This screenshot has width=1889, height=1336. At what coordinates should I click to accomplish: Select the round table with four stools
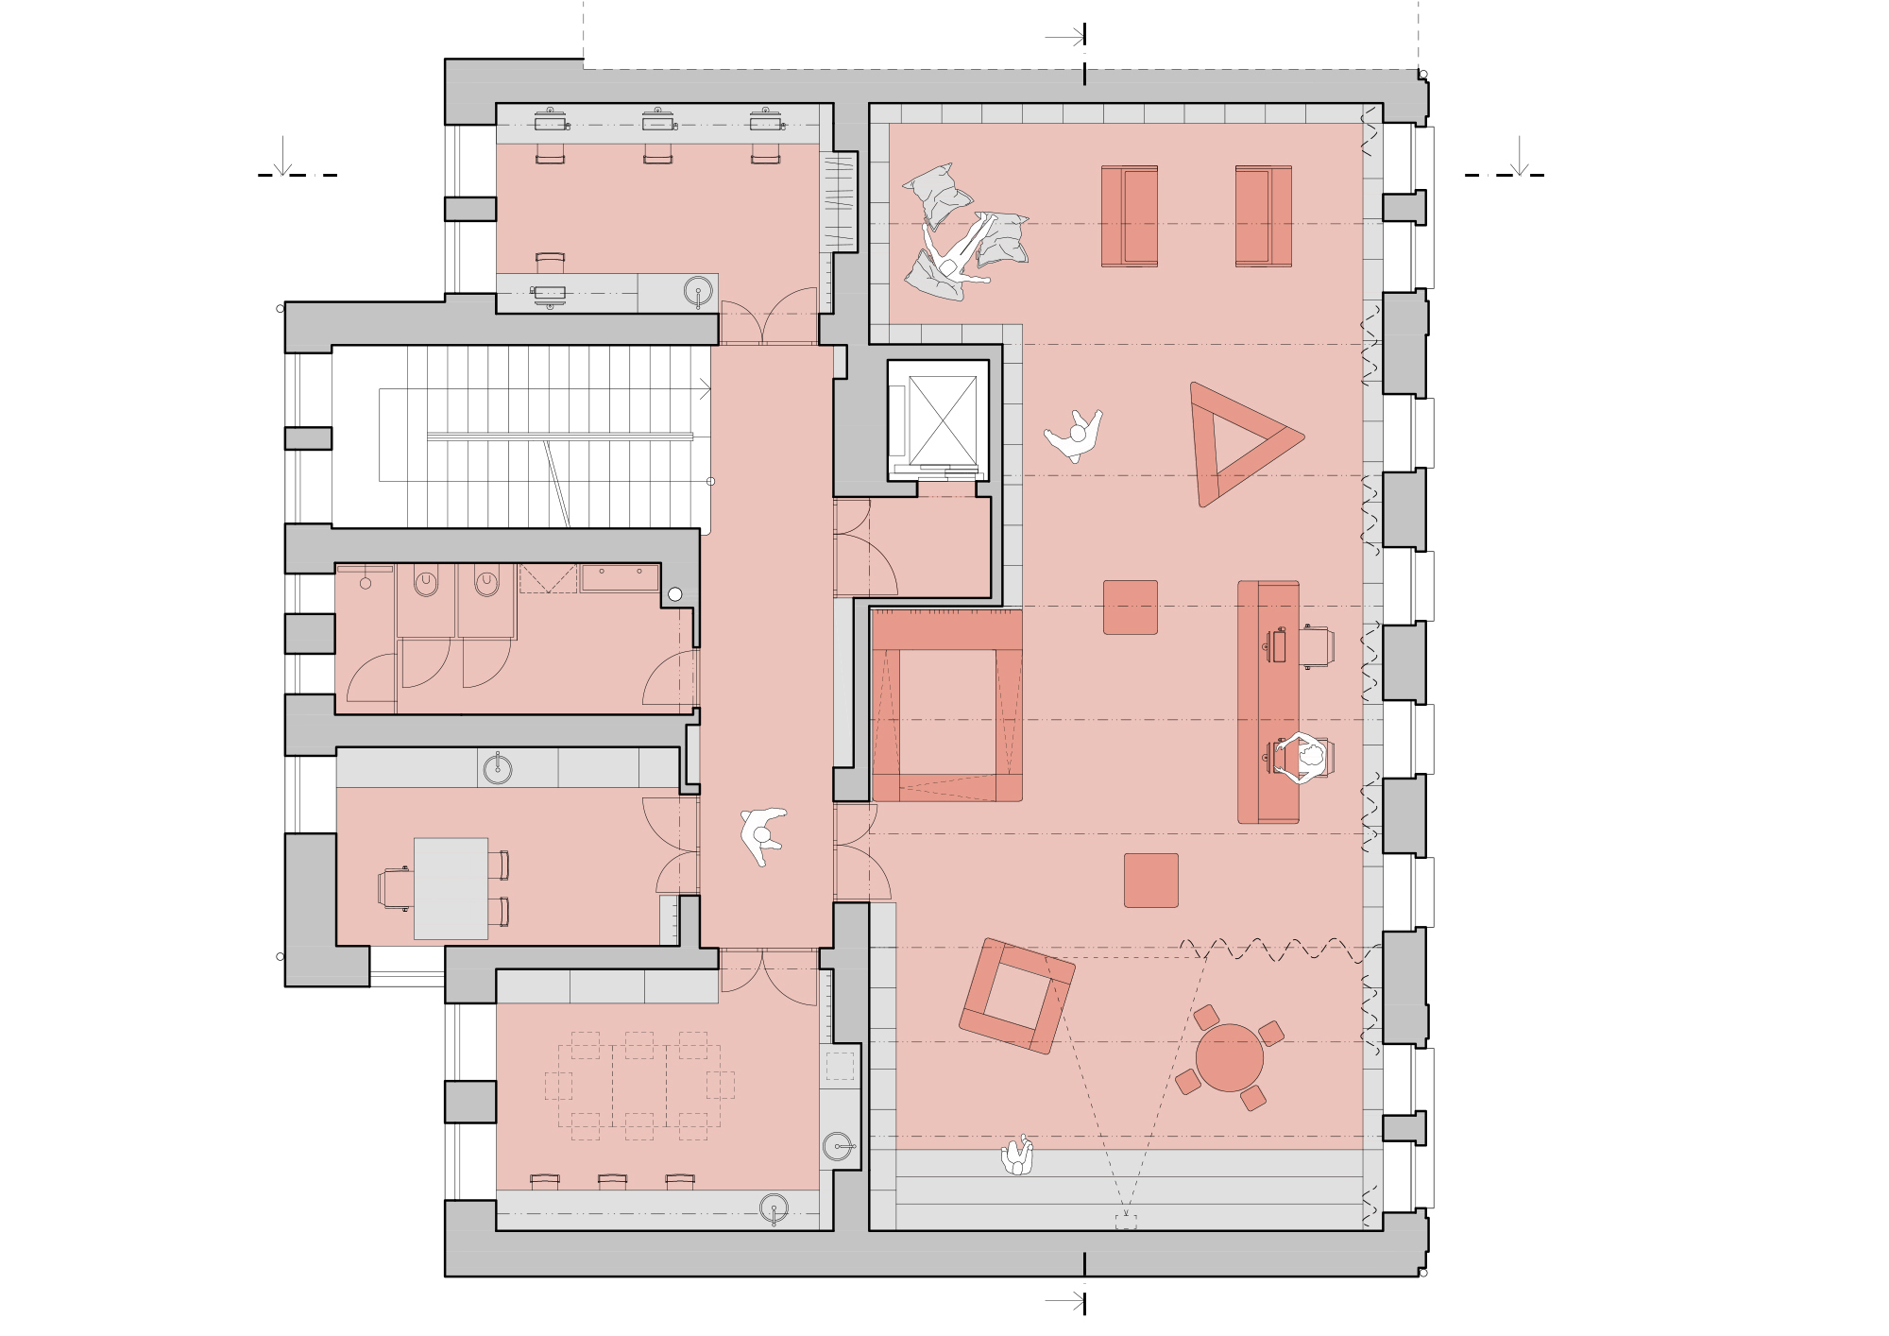[x=1229, y=1057]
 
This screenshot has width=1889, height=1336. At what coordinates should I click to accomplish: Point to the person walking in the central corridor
[x=763, y=834]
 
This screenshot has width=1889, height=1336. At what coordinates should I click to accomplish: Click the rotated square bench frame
[x=1017, y=996]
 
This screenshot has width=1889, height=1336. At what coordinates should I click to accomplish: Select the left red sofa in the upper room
[x=1129, y=216]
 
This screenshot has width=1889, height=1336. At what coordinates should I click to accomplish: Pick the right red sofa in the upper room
[x=1263, y=216]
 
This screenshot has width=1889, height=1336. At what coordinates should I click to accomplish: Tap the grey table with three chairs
[x=451, y=888]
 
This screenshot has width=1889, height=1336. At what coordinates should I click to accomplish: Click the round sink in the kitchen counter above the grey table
[x=498, y=769]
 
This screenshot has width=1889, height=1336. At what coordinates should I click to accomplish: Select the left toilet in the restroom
[x=426, y=582]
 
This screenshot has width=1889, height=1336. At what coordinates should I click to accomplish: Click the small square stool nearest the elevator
[x=1130, y=607]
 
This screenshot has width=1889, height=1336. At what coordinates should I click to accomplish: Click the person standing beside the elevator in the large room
[x=1075, y=435]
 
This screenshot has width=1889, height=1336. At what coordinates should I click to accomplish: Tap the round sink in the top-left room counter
[x=698, y=291]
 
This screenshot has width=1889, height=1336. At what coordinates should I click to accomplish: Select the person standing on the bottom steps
[x=1017, y=1156]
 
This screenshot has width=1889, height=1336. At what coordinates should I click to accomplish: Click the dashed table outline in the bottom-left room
[x=639, y=1086]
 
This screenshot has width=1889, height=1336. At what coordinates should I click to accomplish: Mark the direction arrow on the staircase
[x=704, y=389]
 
